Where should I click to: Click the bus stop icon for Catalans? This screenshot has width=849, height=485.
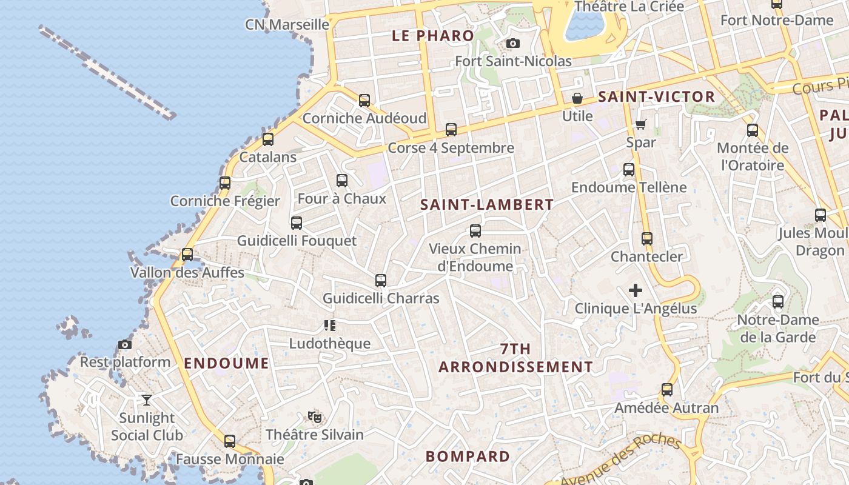pyautogui.click(x=267, y=139)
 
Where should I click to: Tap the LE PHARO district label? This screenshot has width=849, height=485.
pyautogui.click(x=433, y=35)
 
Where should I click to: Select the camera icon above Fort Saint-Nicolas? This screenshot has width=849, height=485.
pyautogui.click(x=512, y=43)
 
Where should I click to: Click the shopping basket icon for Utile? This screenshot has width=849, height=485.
pyautogui.click(x=577, y=98)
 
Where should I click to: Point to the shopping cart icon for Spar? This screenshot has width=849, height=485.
pyautogui.click(x=641, y=124)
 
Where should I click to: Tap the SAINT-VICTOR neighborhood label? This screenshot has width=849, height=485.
pyautogui.click(x=657, y=96)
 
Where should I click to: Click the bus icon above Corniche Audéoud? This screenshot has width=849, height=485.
pyautogui.click(x=364, y=101)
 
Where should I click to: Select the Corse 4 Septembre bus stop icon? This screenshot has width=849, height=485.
pyautogui.click(x=451, y=130)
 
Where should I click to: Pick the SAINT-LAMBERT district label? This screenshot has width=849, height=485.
pyautogui.click(x=487, y=205)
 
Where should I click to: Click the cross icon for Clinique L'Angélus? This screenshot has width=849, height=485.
pyautogui.click(x=636, y=291)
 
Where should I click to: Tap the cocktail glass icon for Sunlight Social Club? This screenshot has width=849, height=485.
pyautogui.click(x=147, y=400)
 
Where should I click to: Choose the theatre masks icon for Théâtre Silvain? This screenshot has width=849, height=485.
pyautogui.click(x=314, y=417)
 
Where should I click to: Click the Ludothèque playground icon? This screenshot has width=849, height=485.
pyautogui.click(x=329, y=326)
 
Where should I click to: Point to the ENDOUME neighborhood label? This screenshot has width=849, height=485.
pyautogui.click(x=226, y=363)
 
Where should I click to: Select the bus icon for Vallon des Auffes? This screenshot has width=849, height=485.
pyautogui.click(x=187, y=255)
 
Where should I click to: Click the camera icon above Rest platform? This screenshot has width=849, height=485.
pyautogui.click(x=125, y=344)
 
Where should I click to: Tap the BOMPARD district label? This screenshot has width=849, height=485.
pyautogui.click(x=468, y=457)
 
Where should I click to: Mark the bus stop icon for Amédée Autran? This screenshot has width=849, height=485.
pyautogui.click(x=667, y=390)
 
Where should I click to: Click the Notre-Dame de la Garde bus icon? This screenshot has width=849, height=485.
pyautogui.click(x=778, y=302)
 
